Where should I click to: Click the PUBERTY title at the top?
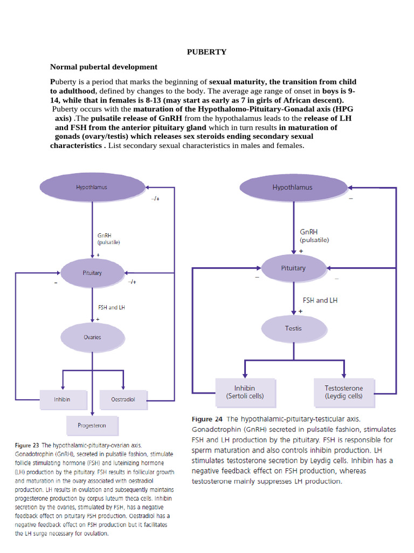(x=206, y=52)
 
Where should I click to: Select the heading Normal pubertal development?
(x=103, y=67)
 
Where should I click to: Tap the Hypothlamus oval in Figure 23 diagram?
(x=92, y=187)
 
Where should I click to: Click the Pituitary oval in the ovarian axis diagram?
(x=92, y=273)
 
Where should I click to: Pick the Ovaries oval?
(x=92, y=337)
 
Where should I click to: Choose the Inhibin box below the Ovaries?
(x=63, y=400)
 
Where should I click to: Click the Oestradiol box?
(x=123, y=400)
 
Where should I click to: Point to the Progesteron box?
(x=92, y=426)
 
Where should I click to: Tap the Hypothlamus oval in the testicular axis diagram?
(x=293, y=188)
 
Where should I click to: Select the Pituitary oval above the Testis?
(x=293, y=268)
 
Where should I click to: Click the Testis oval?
(x=293, y=328)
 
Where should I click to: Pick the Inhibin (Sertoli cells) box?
(x=245, y=392)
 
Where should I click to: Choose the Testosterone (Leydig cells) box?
(x=344, y=392)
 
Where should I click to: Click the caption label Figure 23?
(x=27, y=446)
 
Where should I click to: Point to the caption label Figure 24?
(x=209, y=419)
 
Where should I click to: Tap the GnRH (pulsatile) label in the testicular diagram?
(x=314, y=236)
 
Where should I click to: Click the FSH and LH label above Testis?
(x=320, y=300)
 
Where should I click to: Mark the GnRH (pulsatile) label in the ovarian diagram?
(x=108, y=239)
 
